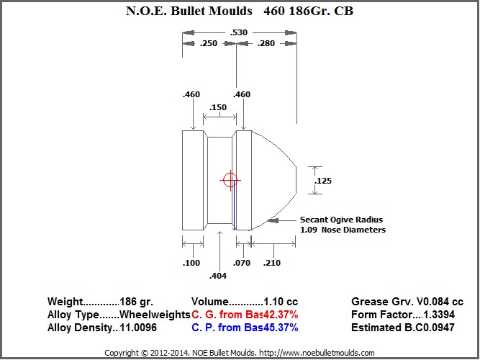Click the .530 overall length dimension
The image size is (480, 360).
coord(238,32)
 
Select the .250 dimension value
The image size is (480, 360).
coord(209,43)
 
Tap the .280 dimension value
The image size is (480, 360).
coord(266,43)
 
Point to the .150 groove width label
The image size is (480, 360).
coord(218,107)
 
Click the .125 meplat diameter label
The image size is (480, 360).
coord(323,181)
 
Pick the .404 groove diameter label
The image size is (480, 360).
coord(218,276)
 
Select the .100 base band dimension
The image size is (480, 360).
coord(191,263)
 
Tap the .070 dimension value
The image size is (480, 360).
coord(242,263)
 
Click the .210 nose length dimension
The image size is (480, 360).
coord(272,263)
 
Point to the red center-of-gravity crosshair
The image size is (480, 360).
coord(230,180)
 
